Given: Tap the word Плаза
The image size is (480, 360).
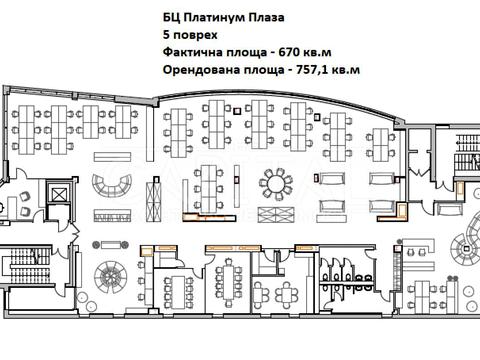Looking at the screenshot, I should click(269, 17).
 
